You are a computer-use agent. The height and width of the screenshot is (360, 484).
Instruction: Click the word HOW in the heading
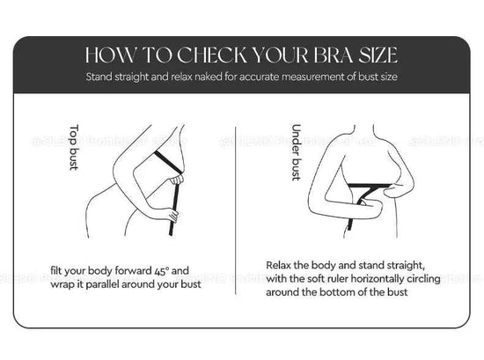coord(106,55)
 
